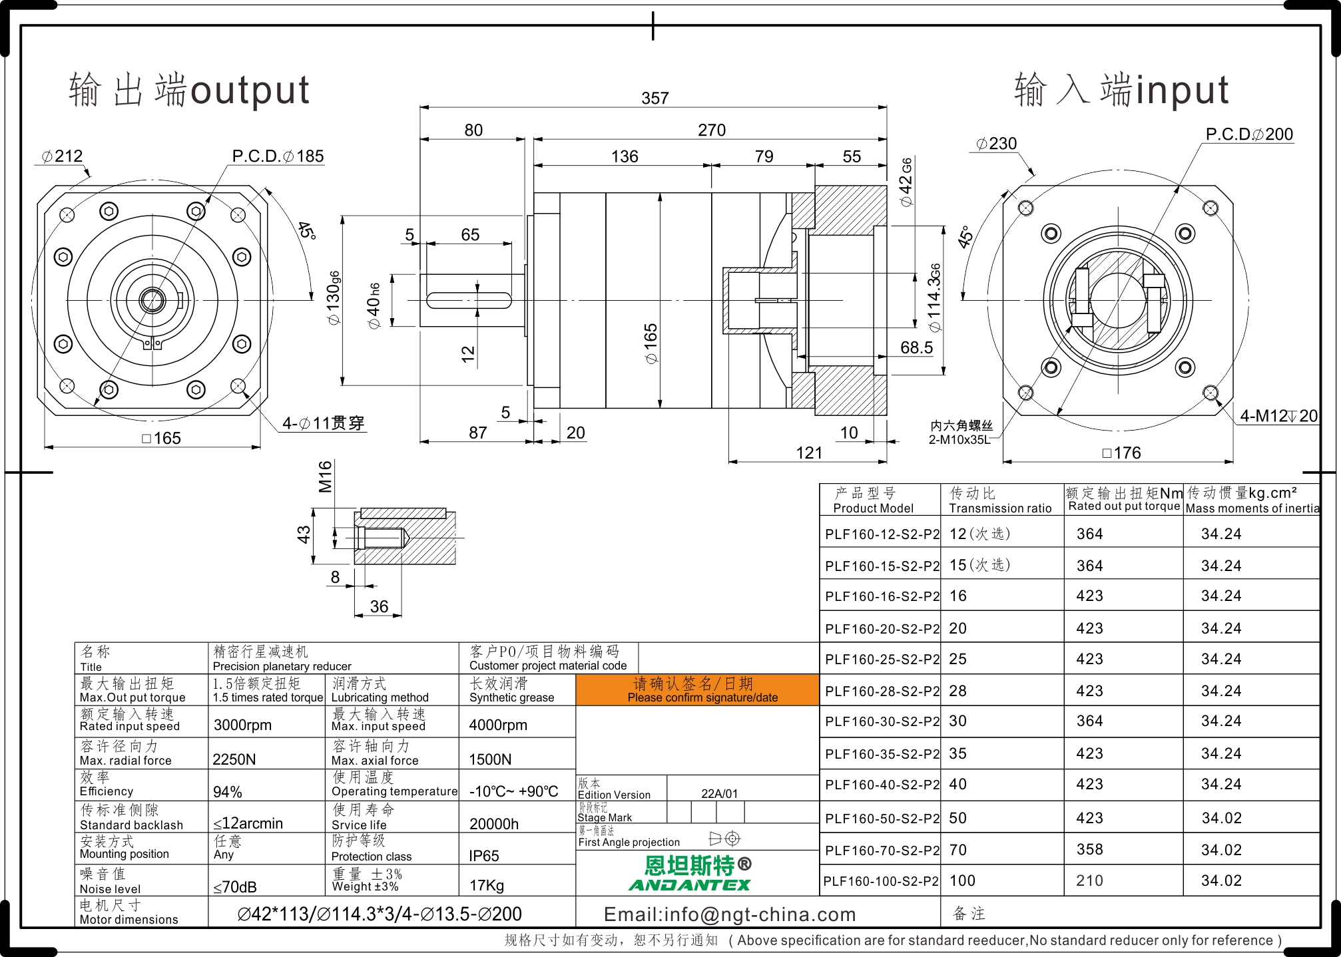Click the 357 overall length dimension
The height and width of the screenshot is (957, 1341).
pos(655,98)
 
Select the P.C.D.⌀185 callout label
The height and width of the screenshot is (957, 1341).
pos(278,156)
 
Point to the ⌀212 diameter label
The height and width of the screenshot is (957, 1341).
pos(62,156)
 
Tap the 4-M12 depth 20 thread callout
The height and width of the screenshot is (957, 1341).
pos(1278,416)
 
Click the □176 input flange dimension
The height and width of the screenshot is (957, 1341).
pos(1122,453)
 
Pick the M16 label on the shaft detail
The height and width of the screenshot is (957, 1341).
pos(325,477)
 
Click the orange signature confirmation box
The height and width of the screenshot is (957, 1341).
pos(697,689)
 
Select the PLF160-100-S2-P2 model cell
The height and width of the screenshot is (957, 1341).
pos(880,881)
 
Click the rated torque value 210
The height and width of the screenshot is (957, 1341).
pos(1089,880)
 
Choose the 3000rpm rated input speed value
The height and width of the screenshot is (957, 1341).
pos(242,725)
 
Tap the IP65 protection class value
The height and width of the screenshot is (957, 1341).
pos(484,856)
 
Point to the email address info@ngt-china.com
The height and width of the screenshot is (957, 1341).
pos(730,914)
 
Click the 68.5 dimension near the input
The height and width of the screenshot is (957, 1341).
pos(916,348)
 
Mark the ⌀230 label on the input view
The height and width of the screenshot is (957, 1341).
pos(997,144)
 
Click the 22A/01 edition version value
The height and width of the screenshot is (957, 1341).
pos(720,794)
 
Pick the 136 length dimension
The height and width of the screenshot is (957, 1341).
pos(625,157)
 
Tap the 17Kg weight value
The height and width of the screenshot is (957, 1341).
pos(487,886)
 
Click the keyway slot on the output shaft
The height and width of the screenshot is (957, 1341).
pos(469,300)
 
